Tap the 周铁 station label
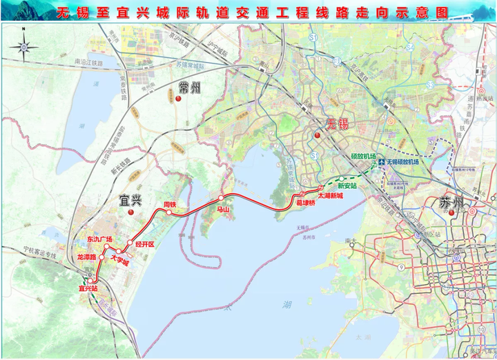pos(170,204)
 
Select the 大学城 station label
pos(119,261)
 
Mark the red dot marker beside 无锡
pos(317,134)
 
